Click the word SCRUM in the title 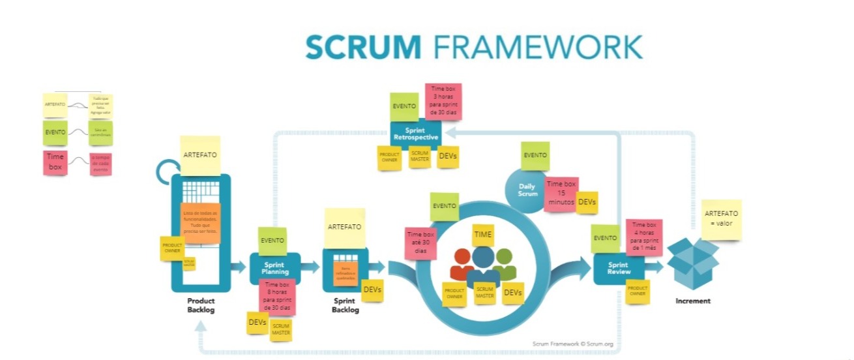point(363,48)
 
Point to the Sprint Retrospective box point(415,134)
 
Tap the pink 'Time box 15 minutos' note point(561,194)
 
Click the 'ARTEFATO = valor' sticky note point(721,219)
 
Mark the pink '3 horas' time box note point(443,100)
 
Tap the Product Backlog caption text point(201,305)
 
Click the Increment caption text point(692,301)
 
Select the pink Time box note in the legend point(55,162)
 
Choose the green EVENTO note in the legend point(55,132)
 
